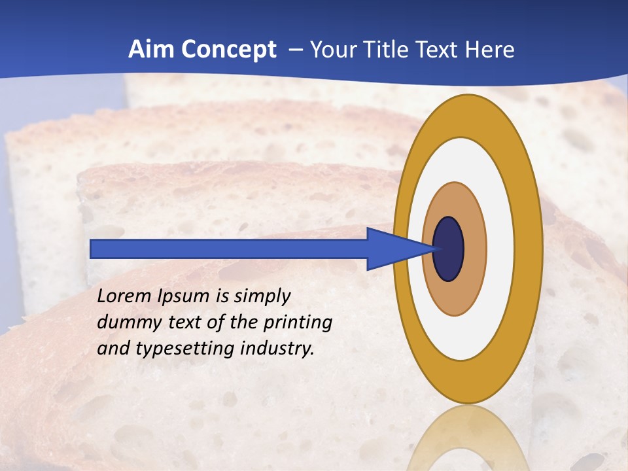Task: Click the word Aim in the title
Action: pos(149,50)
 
